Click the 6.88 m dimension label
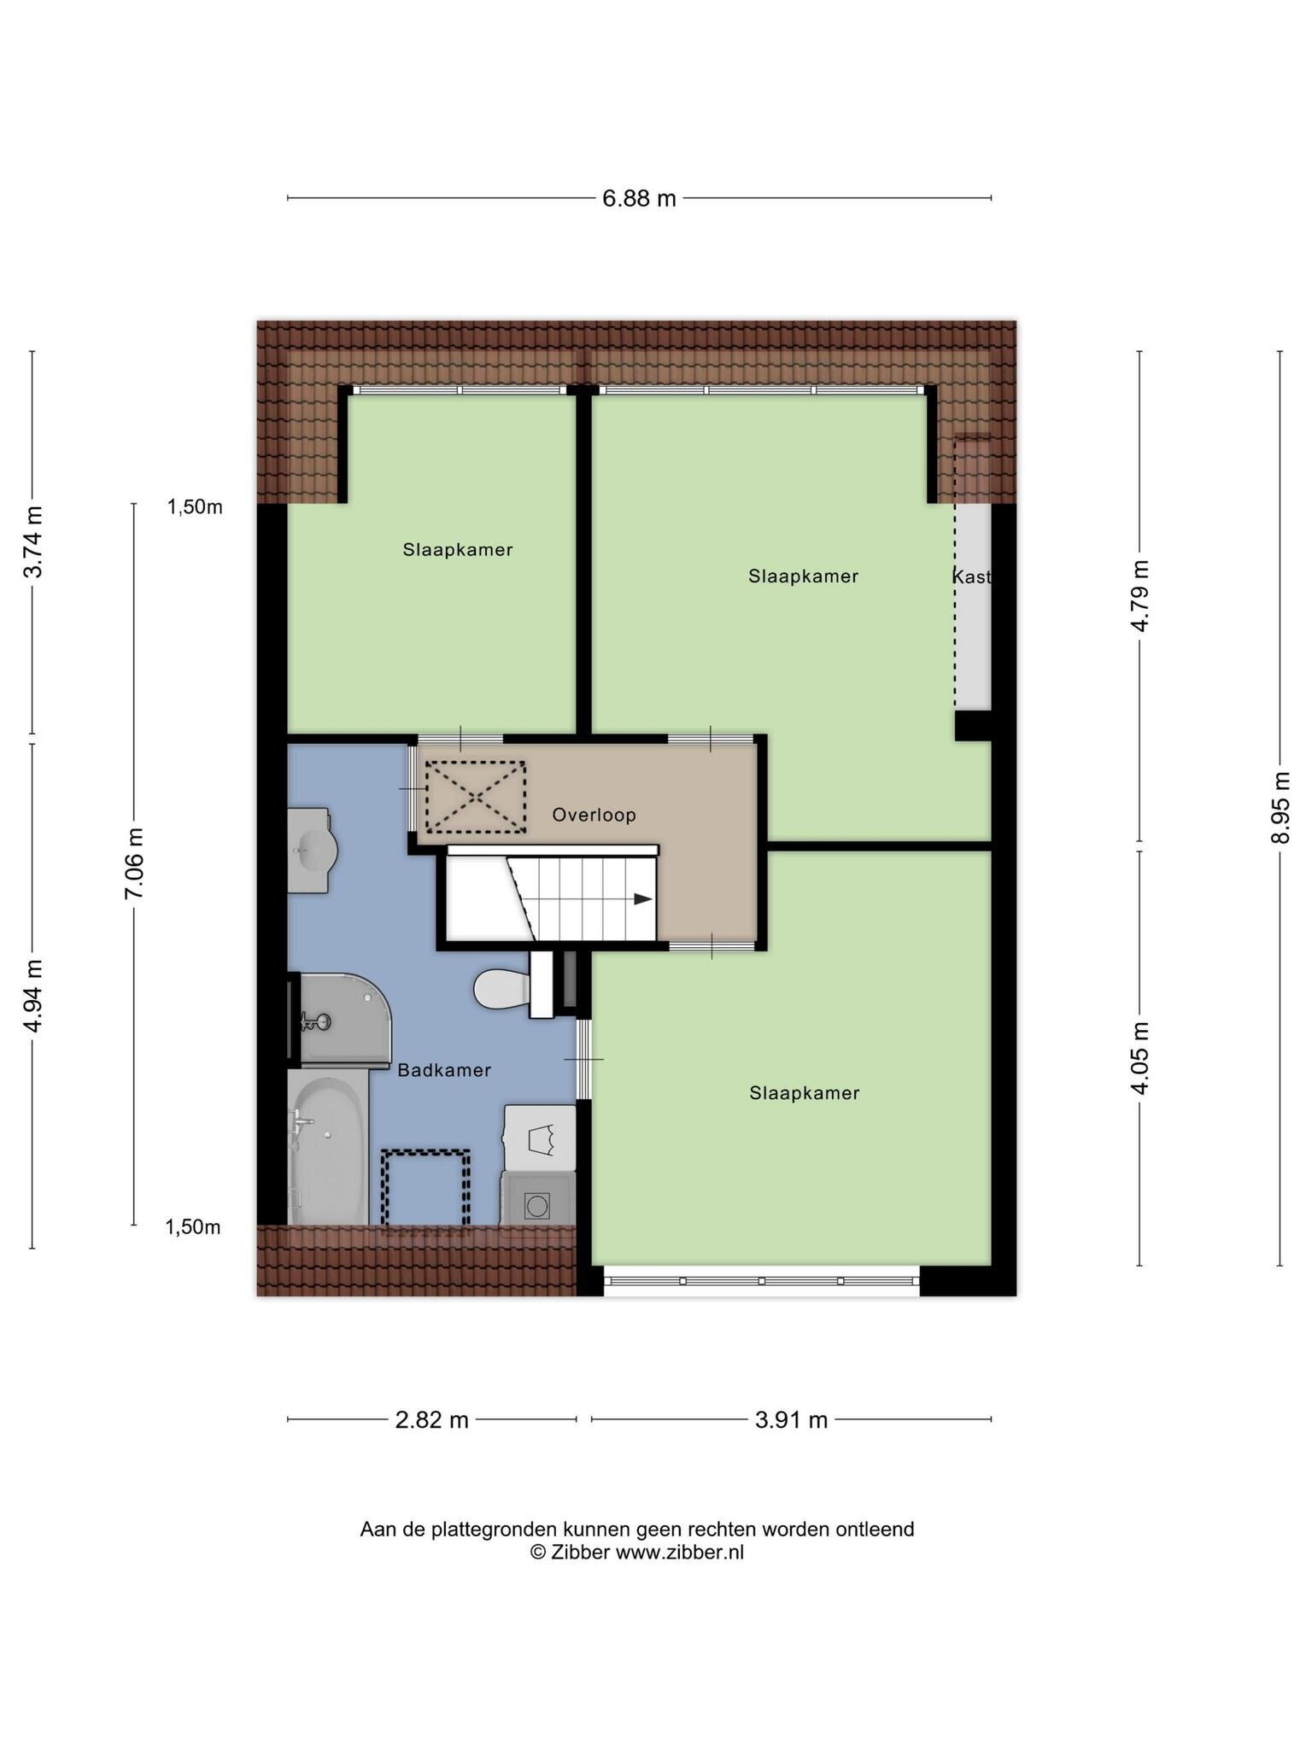639,198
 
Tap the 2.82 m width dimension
431,1419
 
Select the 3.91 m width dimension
791,1419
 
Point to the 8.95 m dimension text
1279,807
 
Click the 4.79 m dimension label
1139,595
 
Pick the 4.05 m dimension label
1139,1056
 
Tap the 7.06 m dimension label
134,863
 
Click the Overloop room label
594,815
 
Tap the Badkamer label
444,1070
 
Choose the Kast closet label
972,576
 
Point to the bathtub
329,1150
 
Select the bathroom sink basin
310,851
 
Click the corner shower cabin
340,1020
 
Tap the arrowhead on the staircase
643,898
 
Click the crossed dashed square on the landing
476,797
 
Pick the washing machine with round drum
537,1199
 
